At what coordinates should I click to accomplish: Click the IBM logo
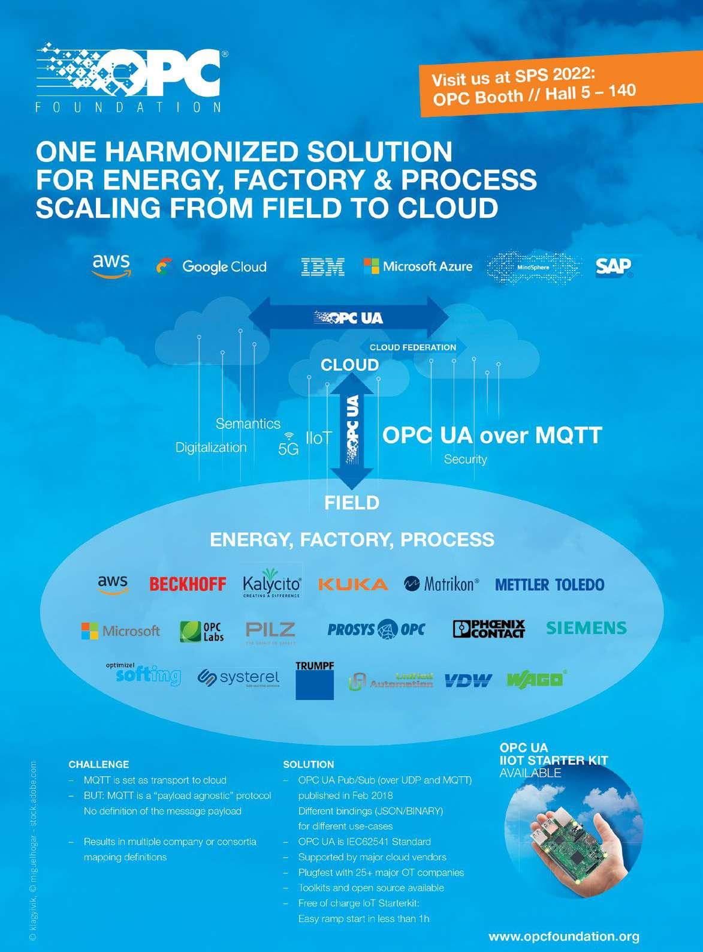point(322,266)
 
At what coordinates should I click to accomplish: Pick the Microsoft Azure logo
point(418,266)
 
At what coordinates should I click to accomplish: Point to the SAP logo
point(614,267)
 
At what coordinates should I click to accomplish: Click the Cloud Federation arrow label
point(413,347)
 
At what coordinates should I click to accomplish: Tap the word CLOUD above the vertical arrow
point(350,365)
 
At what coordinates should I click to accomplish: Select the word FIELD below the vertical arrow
point(352,502)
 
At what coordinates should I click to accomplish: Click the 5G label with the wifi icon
point(288,445)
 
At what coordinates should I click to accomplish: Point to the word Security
point(465,460)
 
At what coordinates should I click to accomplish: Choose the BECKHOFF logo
point(188,584)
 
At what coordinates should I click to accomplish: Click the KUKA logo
point(353,584)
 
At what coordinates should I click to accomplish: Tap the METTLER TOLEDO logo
point(550,584)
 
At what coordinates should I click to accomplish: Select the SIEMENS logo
point(586,628)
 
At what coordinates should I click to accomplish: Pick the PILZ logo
point(270,630)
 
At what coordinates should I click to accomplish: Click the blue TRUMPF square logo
point(315,681)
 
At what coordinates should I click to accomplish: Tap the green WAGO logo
point(536,680)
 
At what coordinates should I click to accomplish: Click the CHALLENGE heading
point(99,764)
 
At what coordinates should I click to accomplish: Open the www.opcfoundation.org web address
point(564,936)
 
